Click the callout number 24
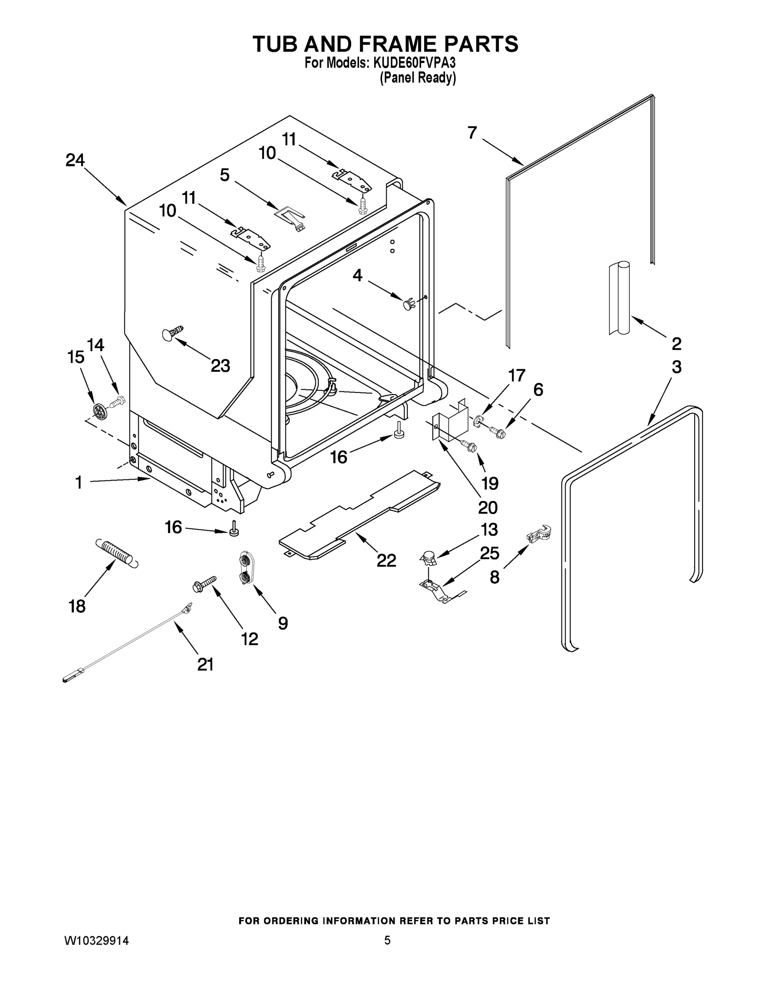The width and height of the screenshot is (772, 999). (75, 160)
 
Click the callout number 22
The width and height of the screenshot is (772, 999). (386, 560)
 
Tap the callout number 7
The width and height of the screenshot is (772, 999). (472, 133)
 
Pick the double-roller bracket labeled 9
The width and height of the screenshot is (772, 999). (246, 568)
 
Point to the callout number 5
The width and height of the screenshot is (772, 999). (225, 175)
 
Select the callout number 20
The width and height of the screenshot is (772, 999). (487, 507)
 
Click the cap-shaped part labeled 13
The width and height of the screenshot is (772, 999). (429, 557)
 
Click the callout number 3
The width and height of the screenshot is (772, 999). (676, 366)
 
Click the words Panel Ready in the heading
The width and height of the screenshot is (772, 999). (417, 78)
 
